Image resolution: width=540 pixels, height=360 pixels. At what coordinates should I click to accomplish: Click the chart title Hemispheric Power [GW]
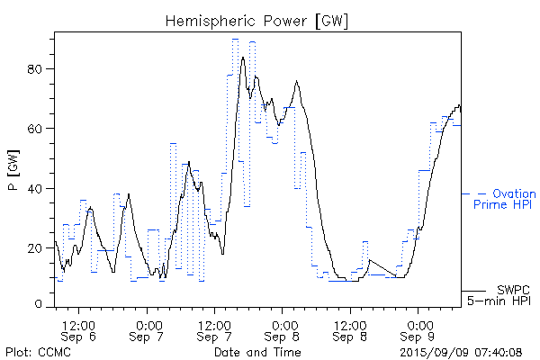click(256, 20)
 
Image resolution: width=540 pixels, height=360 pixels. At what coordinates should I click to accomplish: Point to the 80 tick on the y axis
click(40, 69)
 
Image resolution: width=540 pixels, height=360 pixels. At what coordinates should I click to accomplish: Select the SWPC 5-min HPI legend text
click(501, 295)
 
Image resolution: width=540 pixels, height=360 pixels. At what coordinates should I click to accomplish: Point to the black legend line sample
click(473, 291)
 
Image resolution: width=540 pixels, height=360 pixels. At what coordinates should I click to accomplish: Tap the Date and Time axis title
click(256, 351)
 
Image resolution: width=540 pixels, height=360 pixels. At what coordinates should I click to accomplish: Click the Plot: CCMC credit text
click(38, 351)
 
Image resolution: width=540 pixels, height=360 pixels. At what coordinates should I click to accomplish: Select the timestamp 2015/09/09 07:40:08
click(461, 351)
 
